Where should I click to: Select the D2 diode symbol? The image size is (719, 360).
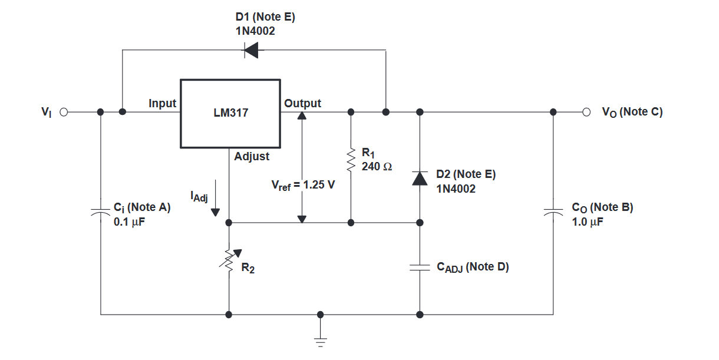click(420, 179)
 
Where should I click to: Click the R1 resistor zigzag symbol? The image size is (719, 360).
click(351, 160)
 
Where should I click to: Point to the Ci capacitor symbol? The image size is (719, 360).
click(100, 212)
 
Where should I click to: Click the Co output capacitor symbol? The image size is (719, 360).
click(553, 212)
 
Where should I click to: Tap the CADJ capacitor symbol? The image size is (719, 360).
click(420, 267)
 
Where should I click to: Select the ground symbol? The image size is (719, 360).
click(321, 342)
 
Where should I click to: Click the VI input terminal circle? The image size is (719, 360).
click(64, 112)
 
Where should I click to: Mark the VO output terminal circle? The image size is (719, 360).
click(586, 112)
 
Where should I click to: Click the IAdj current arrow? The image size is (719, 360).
click(215, 198)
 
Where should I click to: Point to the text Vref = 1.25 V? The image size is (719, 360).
click(303, 185)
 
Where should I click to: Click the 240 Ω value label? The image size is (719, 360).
click(377, 167)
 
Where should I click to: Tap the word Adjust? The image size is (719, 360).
click(252, 157)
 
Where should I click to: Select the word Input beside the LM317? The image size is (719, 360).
click(163, 103)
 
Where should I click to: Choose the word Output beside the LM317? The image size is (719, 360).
click(302, 103)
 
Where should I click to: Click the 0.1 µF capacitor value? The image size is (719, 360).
click(129, 222)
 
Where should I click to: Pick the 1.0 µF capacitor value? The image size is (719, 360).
click(588, 222)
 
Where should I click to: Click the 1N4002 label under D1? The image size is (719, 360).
click(255, 31)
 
